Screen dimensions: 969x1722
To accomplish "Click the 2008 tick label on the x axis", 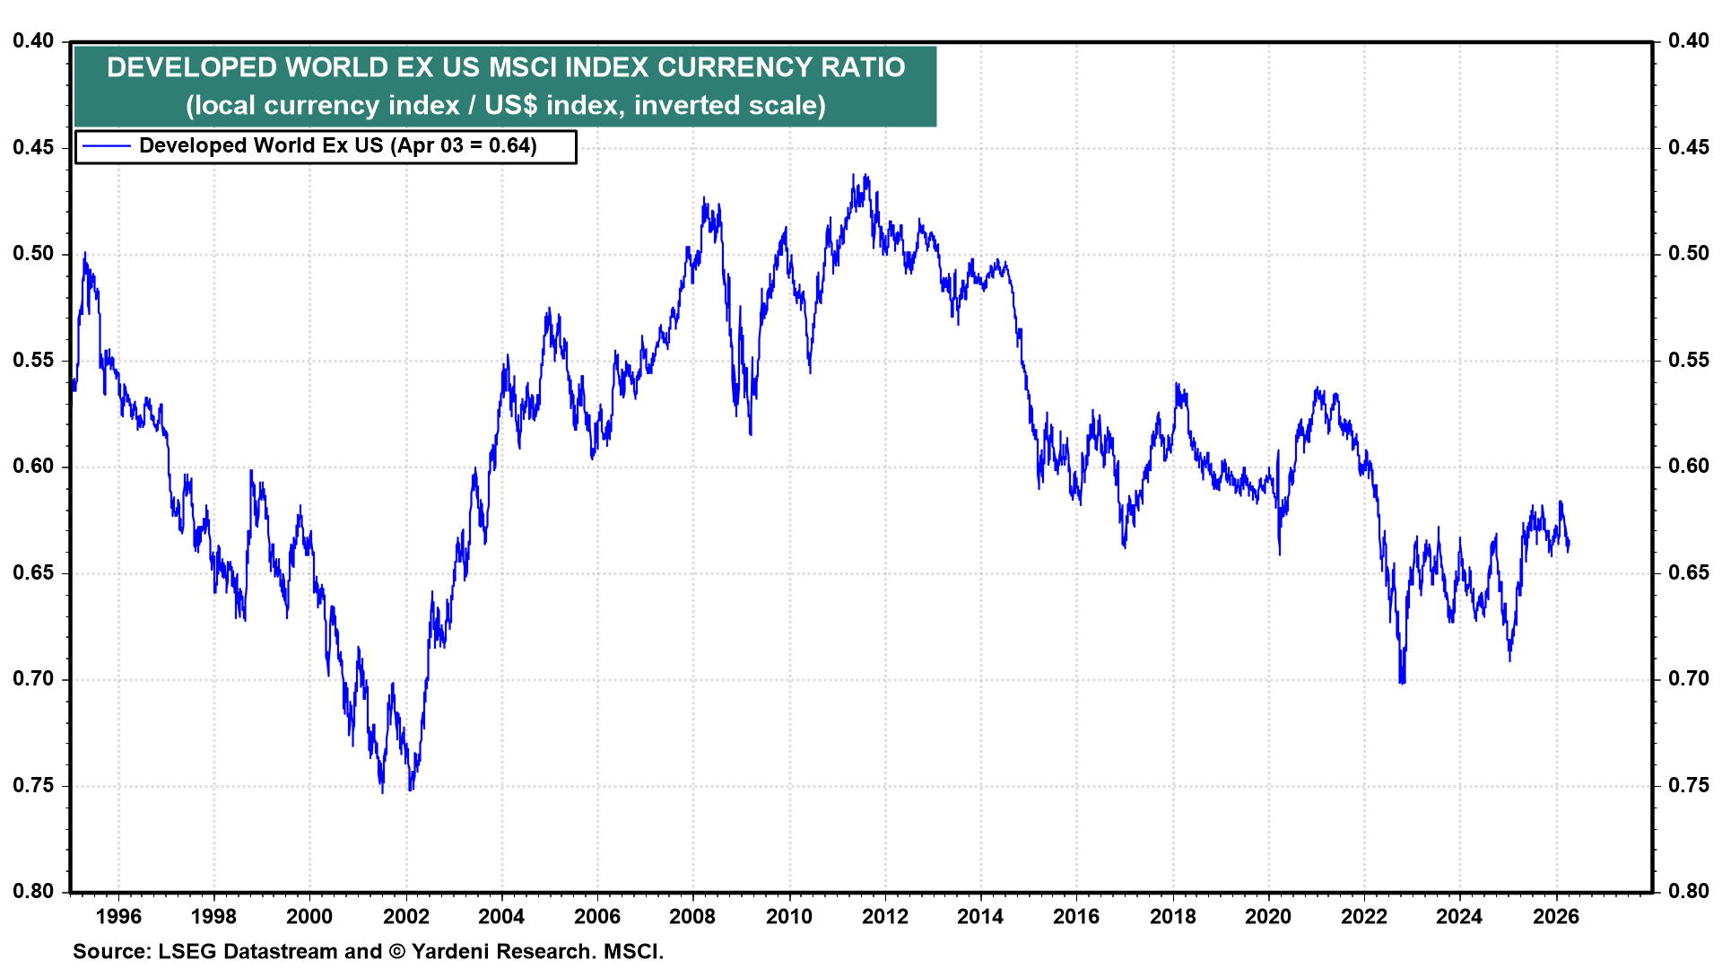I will [692, 916].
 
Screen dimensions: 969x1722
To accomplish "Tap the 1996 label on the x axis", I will [117, 916].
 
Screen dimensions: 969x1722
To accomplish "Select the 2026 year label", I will [1555, 916].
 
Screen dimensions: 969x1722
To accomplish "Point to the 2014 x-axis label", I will [980, 916].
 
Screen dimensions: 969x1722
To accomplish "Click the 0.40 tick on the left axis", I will [33, 40].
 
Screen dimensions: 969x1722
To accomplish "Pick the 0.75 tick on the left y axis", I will [33, 785].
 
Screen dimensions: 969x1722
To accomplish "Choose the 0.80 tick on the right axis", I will [1689, 891].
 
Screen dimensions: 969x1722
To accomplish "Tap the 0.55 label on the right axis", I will [1689, 360].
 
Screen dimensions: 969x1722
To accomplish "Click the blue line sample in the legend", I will [106, 146].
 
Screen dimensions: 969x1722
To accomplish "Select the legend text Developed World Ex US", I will [261, 146].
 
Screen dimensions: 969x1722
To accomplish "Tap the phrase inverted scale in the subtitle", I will [728, 106].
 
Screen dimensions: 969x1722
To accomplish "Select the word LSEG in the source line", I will [187, 951].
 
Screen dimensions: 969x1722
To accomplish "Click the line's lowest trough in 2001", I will [382, 792].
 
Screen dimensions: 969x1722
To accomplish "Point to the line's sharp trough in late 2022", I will [1401, 684].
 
